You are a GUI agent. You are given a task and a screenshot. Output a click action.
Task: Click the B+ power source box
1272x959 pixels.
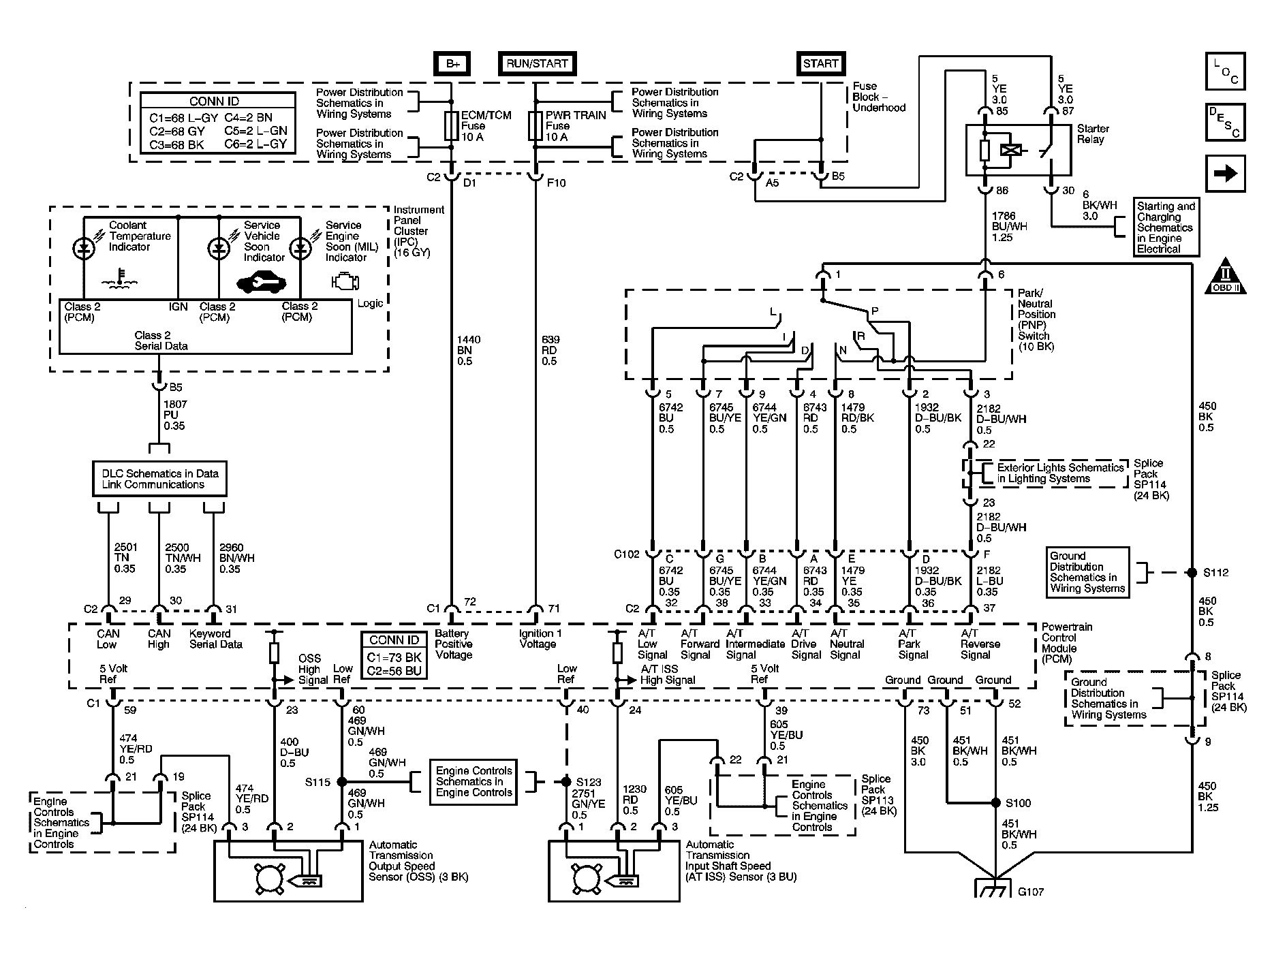point(452,64)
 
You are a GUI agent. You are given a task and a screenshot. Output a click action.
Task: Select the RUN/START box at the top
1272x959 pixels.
point(537,64)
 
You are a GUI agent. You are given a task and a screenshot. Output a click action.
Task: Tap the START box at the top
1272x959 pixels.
point(820,64)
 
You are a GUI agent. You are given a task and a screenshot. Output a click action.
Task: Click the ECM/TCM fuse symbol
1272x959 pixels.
point(450,126)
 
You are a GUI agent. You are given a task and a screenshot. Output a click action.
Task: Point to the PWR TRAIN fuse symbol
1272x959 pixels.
point(536,126)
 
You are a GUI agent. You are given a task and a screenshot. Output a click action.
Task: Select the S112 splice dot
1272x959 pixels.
point(1192,573)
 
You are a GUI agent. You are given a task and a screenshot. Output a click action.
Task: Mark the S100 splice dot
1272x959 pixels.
point(995,802)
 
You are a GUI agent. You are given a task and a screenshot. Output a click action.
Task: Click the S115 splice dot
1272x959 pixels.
point(342,782)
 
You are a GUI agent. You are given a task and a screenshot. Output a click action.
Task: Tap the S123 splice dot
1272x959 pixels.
point(565,782)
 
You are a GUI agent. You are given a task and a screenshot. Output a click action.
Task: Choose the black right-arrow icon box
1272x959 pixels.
point(1225,174)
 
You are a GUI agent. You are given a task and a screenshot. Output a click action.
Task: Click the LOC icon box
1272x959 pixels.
point(1225,72)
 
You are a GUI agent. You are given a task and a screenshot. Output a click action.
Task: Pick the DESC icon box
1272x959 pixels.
point(1225,123)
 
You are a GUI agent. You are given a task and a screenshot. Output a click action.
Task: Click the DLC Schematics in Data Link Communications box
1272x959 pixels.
point(159,479)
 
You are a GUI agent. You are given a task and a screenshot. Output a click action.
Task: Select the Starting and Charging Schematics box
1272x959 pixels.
point(1166,227)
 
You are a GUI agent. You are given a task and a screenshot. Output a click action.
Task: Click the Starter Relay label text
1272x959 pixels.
point(1093,133)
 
